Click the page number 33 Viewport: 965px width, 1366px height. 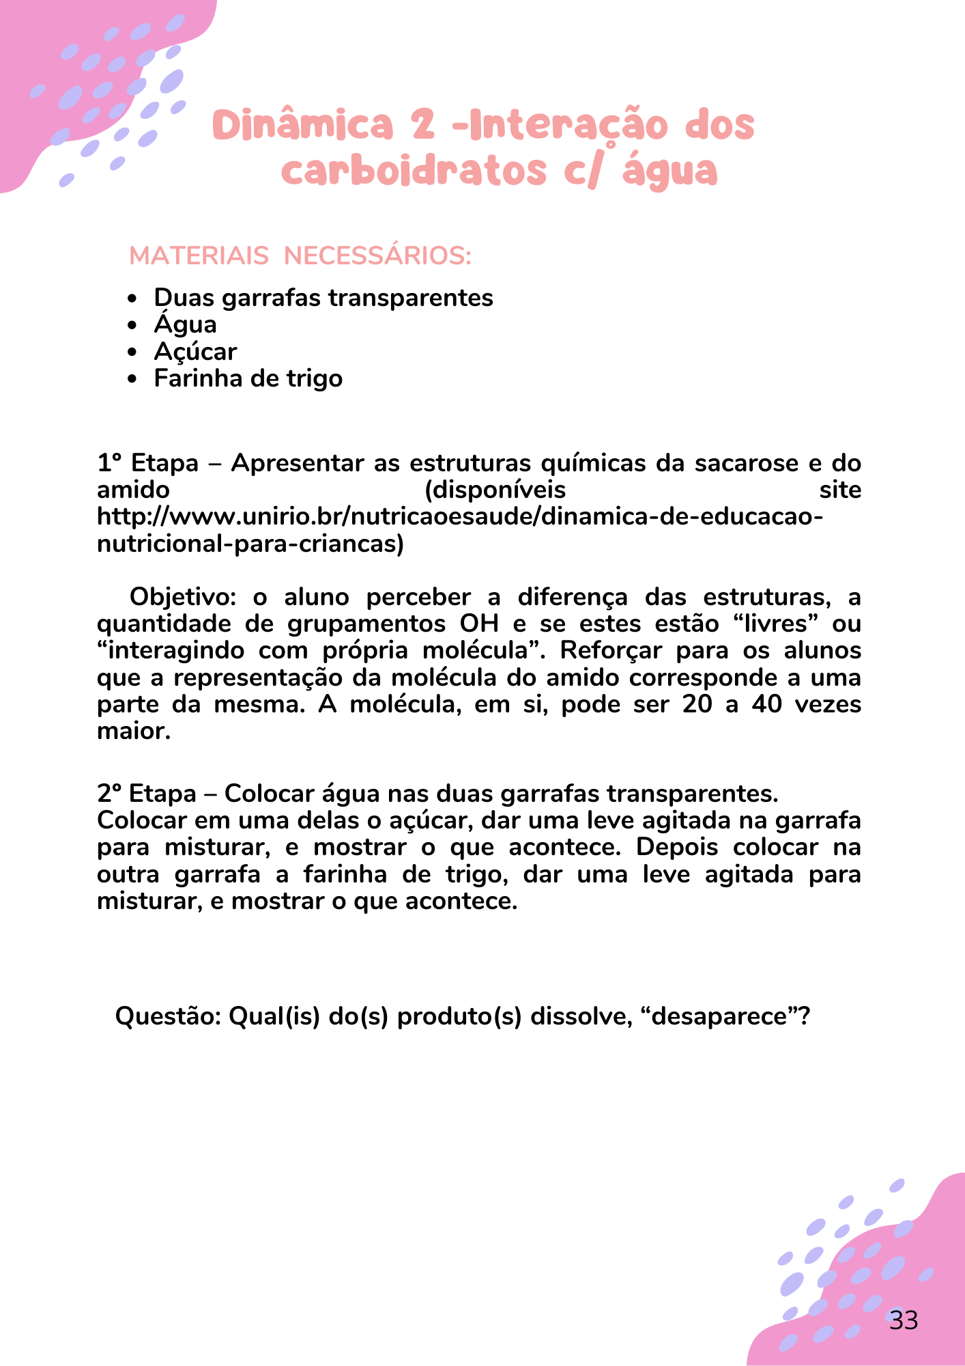pos(904,1320)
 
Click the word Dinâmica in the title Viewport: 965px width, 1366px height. pos(303,126)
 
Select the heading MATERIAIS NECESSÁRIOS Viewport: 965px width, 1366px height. pos(300,256)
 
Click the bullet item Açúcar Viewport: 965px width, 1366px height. pos(195,352)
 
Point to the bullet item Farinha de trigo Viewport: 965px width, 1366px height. pos(248,378)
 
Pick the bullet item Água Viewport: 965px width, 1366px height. pos(185,324)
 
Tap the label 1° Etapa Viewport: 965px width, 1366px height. pos(147,463)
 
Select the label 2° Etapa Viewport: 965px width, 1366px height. pos(146,794)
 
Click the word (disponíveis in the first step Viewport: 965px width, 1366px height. pos(495,490)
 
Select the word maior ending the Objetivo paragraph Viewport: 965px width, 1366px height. pos(133,731)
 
